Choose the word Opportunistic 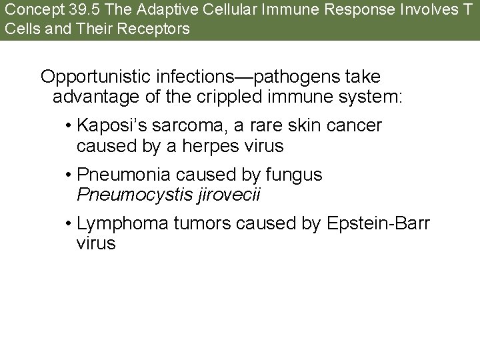[x=99, y=77]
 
